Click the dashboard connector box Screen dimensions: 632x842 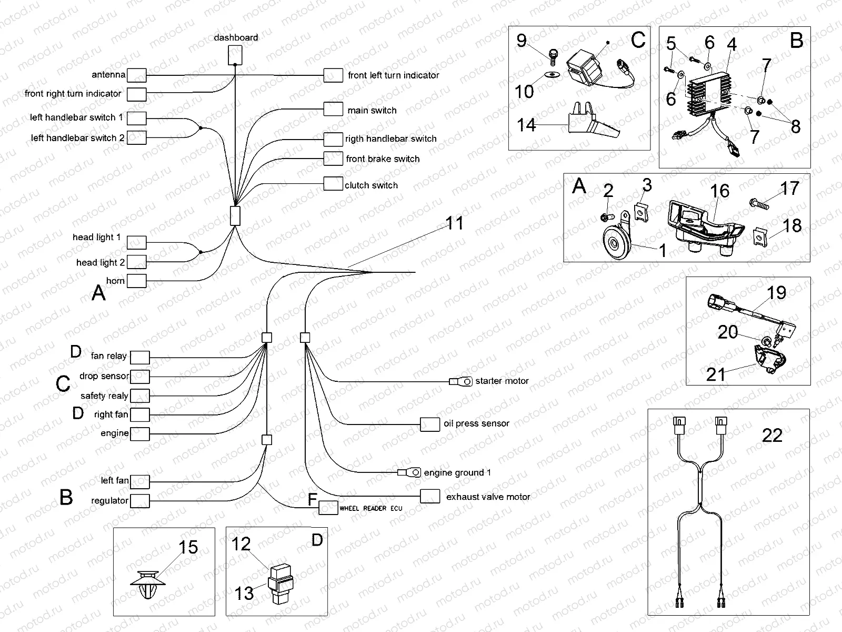[x=235, y=55]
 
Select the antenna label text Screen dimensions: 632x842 [x=108, y=75]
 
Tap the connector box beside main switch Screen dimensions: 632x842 [x=333, y=109]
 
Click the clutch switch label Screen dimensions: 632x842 [x=371, y=185]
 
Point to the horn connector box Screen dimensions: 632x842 [x=137, y=281]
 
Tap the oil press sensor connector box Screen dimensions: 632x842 [x=430, y=424]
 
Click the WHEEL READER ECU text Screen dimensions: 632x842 [x=370, y=508]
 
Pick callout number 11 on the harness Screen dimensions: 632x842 [x=455, y=223]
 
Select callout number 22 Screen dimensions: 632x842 [x=772, y=436]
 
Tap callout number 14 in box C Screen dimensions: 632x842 [x=526, y=125]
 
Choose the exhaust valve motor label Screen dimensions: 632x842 [x=488, y=497]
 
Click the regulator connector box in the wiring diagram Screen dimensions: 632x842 [x=140, y=501]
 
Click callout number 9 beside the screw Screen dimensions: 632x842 [x=521, y=40]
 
